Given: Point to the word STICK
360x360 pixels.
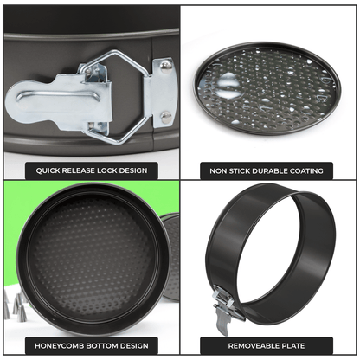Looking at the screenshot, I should click(x=245, y=170).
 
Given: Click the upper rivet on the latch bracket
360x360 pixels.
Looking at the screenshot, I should click(x=165, y=65).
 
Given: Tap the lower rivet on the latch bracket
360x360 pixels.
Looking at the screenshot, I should click(x=165, y=114).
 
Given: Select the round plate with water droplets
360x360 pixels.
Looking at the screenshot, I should click(x=269, y=89).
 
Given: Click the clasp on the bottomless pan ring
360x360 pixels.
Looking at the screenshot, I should click(x=223, y=307).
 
